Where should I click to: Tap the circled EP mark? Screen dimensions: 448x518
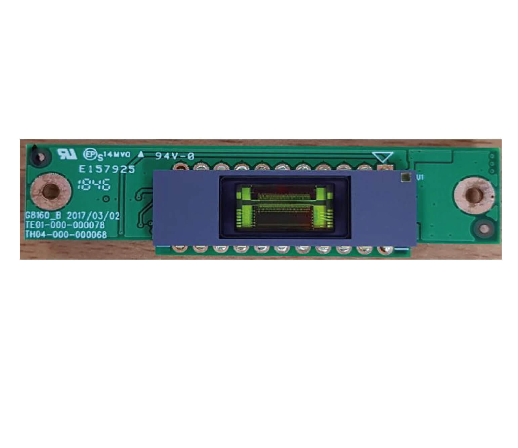tap(89, 154)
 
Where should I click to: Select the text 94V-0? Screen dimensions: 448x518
tap(174, 156)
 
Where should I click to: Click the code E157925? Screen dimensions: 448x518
tap(107, 169)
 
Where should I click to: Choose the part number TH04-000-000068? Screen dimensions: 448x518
tap(66, 234)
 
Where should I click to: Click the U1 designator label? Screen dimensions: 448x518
tap(420, 178)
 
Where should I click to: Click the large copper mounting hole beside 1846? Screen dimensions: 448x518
tap(51, 192)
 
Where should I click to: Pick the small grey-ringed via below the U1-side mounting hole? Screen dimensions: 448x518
tap(484, 229)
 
